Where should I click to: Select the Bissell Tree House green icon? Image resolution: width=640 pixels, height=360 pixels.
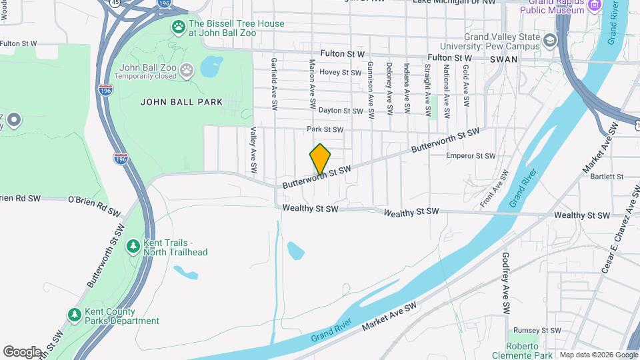pyautogui.click(x=179, y=27)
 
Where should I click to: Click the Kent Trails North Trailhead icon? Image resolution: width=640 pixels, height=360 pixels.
pyautogui.click(x=133, y=247)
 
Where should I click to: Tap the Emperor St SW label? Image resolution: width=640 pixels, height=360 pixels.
pyautogui.click(x=471, y=156)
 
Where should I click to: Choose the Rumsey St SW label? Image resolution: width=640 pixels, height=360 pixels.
pyautogui.click(x=543, y=330)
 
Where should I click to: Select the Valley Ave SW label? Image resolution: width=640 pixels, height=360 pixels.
pyautogui.click(x=253, y=151)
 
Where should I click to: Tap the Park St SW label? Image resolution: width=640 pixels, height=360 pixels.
pyautogui.click(x=325, y=129)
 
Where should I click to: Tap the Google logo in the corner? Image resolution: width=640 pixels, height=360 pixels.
pyautogui.click(x=21, y=351)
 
